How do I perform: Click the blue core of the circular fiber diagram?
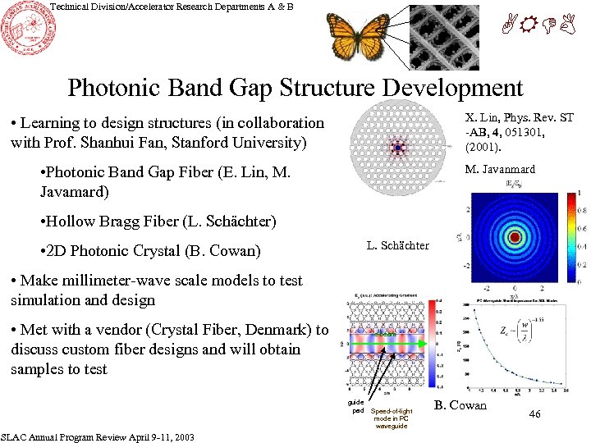click(x=398, y=148)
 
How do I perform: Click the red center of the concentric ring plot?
click(x=515, y=238)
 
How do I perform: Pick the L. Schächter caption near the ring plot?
click(x=397, y=245)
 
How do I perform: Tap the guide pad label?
click(x=355, y=407)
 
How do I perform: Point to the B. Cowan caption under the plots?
click(x=460, y=405)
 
